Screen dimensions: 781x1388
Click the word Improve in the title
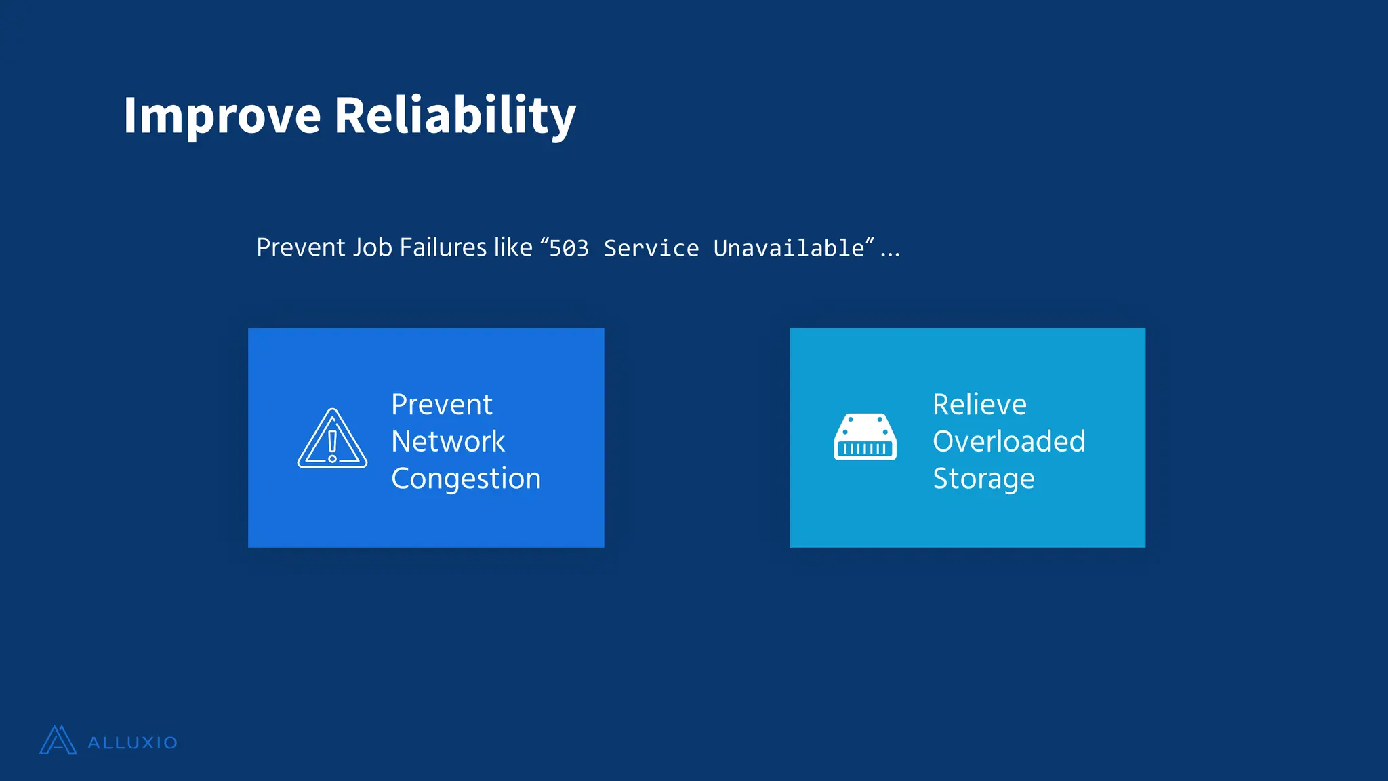(222, 115)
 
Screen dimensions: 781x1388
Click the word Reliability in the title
(455, 115)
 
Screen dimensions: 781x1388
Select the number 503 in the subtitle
(569, 249)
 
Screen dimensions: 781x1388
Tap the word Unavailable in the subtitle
(789, 248)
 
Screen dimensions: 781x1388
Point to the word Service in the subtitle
(651, 249)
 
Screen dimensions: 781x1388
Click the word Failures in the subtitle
(443, 247)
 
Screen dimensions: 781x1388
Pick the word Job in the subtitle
(372, 247)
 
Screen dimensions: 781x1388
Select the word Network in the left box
(448, 441)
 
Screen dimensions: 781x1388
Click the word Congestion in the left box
(466, 479)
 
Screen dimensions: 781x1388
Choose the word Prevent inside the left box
(442, 405)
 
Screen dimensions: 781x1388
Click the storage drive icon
(865, 437)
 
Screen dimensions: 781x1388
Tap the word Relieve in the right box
(979, 405)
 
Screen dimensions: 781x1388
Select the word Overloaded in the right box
(1008, 441)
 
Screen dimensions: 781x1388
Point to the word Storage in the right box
(983, 479)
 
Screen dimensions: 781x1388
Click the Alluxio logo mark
(58, 740)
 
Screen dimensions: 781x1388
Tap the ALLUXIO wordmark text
(133, 743)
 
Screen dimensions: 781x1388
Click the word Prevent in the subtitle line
(301, 247)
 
